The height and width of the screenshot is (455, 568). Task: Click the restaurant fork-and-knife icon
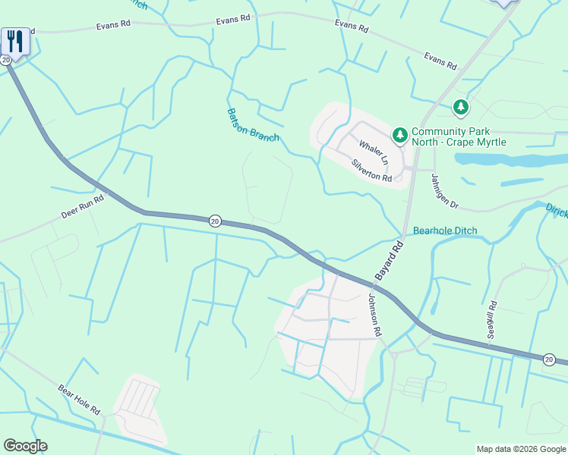point(15,39)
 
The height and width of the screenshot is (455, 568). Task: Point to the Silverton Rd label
point(371,171)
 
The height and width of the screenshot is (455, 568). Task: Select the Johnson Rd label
point(374,315)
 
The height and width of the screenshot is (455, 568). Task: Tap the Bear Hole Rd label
point(79,399)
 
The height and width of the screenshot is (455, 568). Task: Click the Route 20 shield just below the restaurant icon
point(6,59)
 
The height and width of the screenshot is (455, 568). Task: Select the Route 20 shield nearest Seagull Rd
point(549,359)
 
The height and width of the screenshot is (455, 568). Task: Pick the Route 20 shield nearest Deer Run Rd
point(215,221)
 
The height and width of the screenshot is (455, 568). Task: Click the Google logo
point(25,446)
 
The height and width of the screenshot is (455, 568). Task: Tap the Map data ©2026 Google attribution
point(520,449)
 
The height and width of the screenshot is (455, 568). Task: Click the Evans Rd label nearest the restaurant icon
point(113,25)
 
